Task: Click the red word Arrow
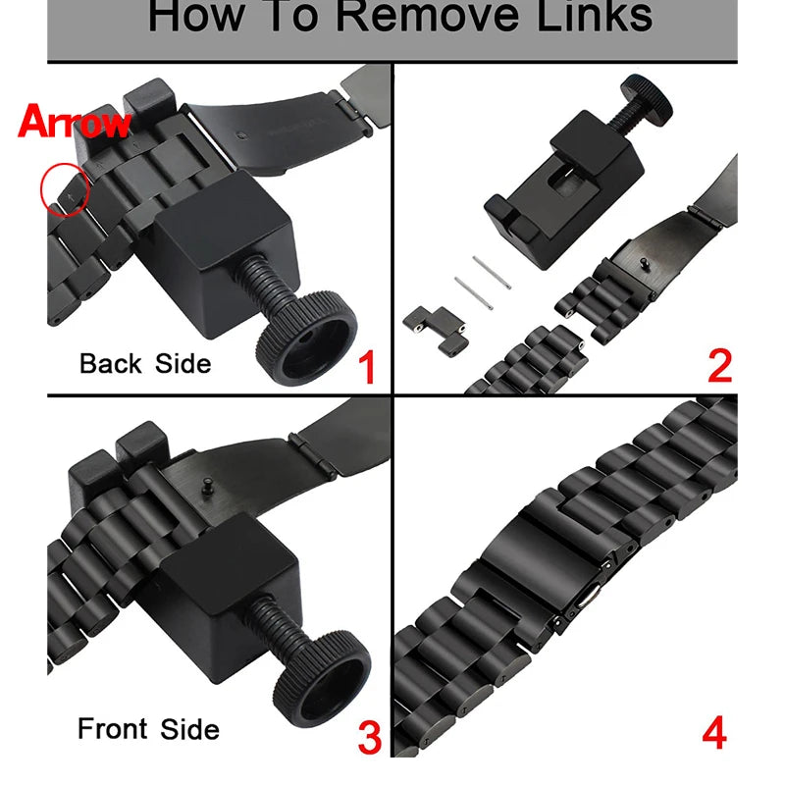click(74, 123)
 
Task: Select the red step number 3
click(368, 738)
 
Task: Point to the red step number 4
click(714, 735)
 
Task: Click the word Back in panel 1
click(110, 363)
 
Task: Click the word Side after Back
click(183, 363)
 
